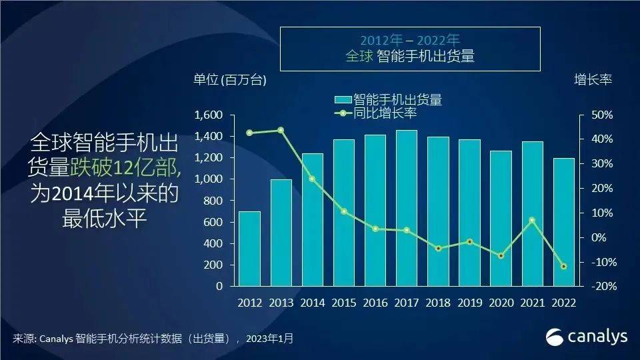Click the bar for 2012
tap(249, 248)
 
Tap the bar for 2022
tap(564, 222)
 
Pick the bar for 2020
tap(501, 218)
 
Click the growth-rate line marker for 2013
tap(281, 130)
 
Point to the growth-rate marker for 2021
tap(533, 220)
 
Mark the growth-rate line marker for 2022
tap(564, 267)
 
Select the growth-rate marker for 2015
tap(343, 211)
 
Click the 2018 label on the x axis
tap(438, 303)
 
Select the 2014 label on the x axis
tap(312, 303)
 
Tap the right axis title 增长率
tap(593, 79)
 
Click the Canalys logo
tap(587, 337)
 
